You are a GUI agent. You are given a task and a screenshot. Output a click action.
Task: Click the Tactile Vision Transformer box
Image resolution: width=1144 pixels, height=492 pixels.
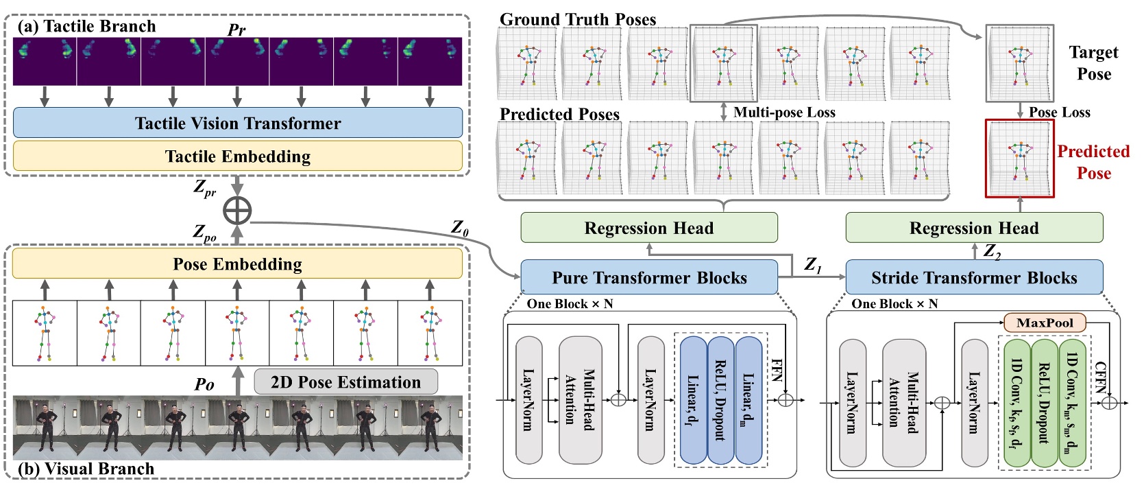tap(237, 123)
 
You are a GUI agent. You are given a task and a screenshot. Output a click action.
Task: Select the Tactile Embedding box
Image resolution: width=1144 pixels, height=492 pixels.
tap(237, 156)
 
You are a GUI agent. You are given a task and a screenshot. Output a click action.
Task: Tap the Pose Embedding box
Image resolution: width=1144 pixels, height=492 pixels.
tap(237, 264)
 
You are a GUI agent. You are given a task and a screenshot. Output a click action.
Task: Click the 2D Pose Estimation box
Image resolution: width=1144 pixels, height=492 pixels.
tap(345, 382)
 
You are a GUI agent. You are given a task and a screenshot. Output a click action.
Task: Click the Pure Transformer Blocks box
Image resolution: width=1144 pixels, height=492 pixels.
tap(648, 278)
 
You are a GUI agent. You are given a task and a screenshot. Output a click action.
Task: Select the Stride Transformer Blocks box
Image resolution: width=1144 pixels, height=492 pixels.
tap(973, 278)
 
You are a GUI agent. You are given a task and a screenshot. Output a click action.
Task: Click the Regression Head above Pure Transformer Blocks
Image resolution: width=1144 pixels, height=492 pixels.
tap(648, 228)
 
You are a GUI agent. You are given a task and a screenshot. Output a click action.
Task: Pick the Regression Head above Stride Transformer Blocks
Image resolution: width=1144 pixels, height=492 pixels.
tap(973, 228)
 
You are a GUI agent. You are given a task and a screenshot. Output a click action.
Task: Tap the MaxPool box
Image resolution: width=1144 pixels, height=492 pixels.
tap(1045, 323)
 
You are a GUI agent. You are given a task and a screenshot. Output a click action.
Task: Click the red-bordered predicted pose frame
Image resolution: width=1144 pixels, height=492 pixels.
tap(1019, 159)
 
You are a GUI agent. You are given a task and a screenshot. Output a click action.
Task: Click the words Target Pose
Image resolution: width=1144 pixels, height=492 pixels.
tap(1093, 63)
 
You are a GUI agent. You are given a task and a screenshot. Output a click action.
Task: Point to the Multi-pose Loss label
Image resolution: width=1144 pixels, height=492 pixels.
tap(784, 113)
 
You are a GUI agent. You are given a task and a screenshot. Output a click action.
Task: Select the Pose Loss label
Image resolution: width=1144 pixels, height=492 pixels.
tap(1059, 113)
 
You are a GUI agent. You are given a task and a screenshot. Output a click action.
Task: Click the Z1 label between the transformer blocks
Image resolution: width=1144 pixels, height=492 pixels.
tap(812, 264)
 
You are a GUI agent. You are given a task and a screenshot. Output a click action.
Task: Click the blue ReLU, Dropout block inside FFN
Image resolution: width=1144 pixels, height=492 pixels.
tap(720, 400)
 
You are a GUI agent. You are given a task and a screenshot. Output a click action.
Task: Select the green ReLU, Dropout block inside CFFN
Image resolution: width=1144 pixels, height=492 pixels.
tap(1045, 403)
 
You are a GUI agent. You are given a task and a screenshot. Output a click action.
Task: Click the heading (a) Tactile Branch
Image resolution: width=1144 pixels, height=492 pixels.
tap(87, 26)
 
